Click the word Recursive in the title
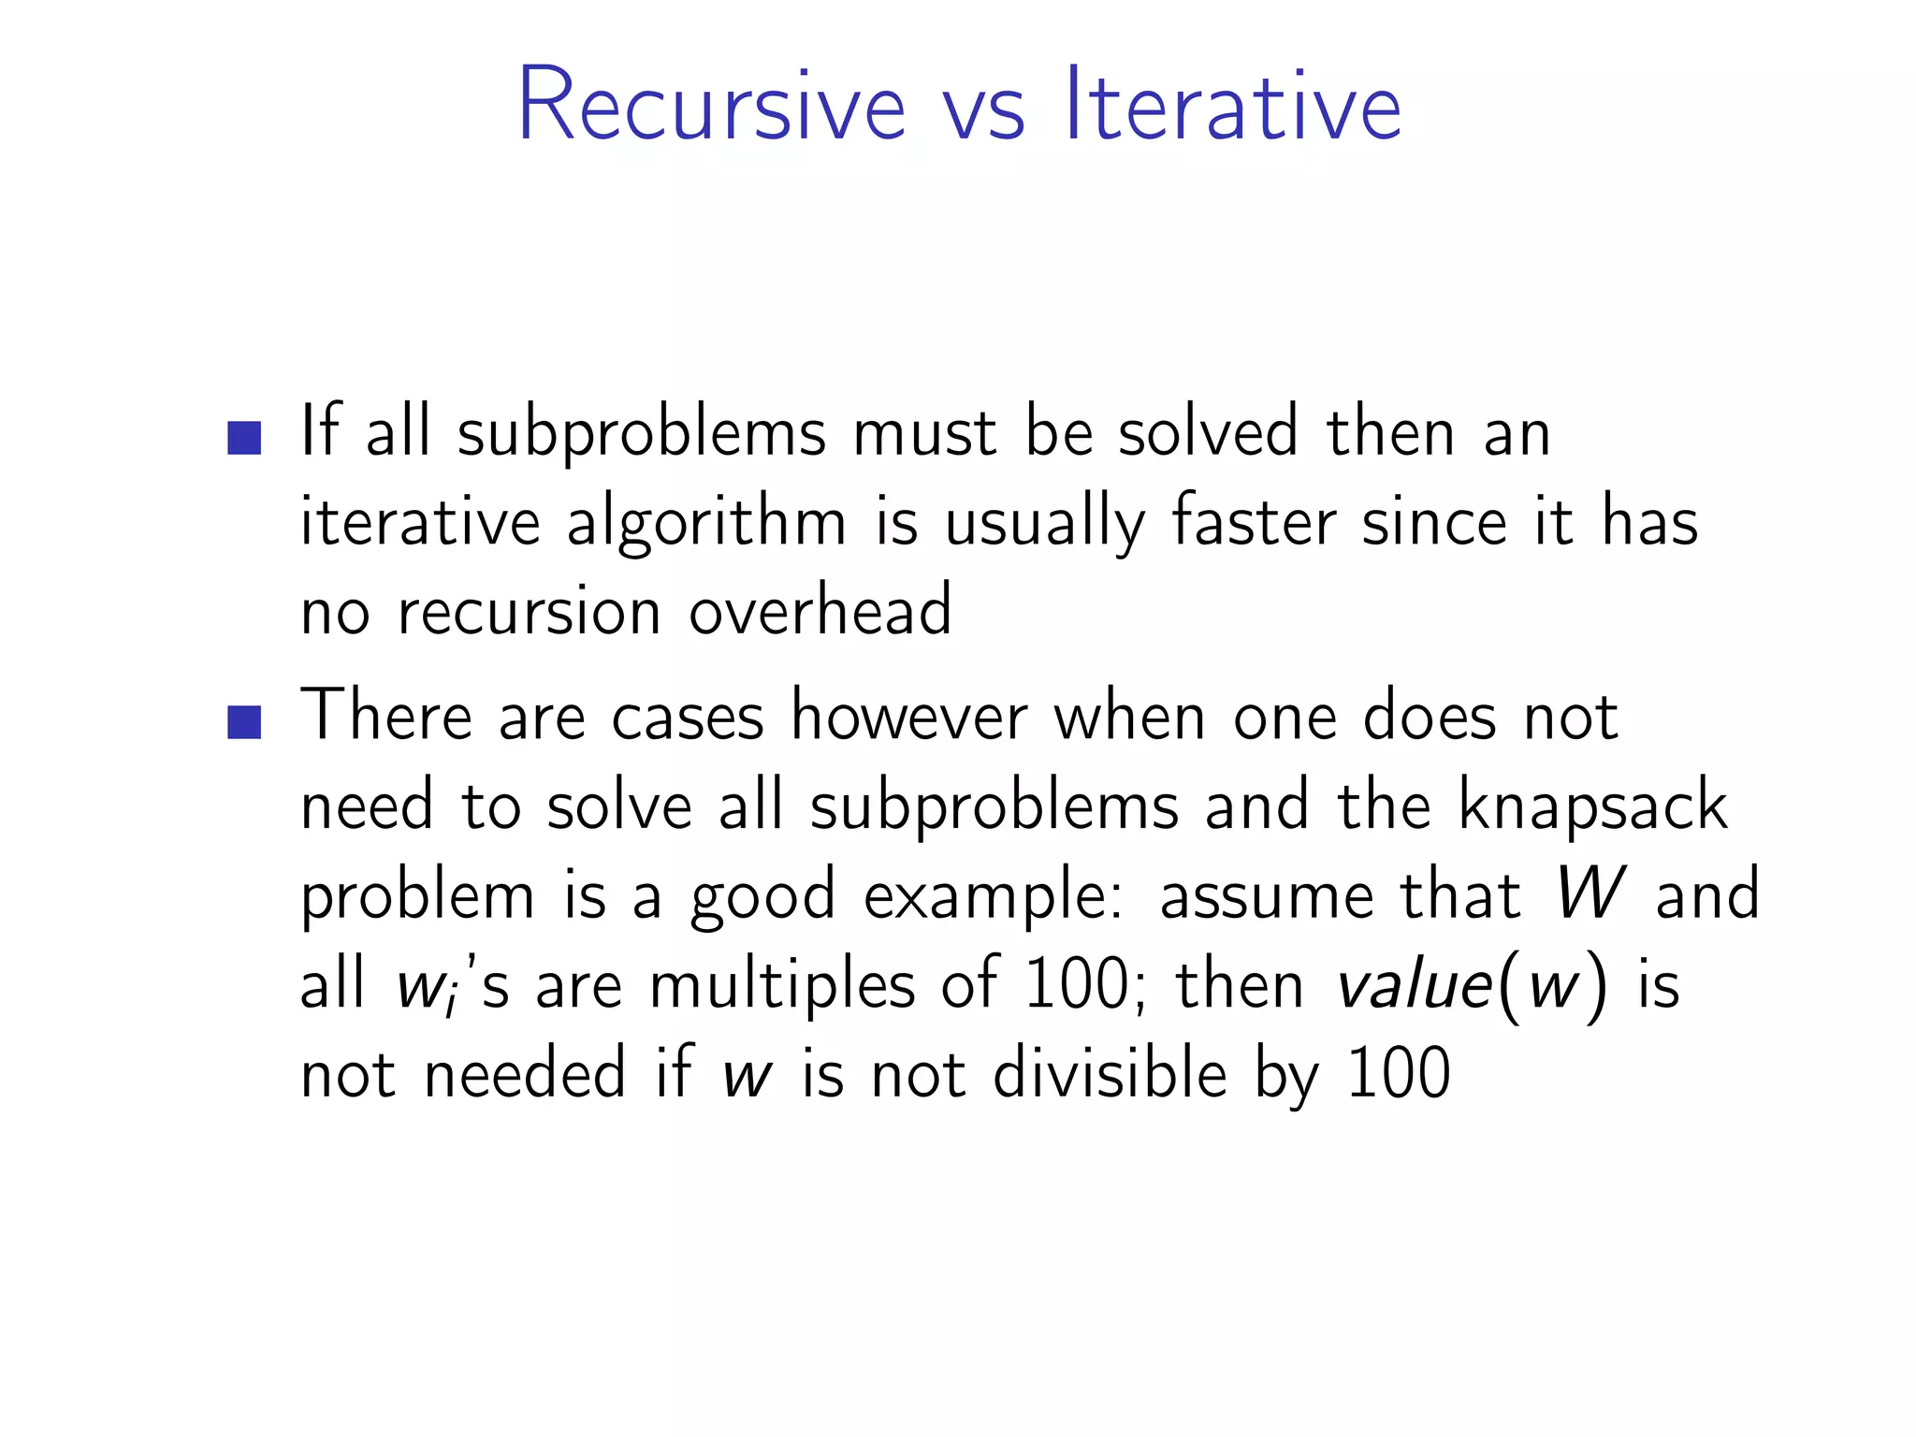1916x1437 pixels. (x=711, y=105)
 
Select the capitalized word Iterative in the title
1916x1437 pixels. (x=1233, y=105)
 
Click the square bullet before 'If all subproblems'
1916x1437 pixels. (x=244, y=438)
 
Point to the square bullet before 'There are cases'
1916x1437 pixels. (x=244, y=722)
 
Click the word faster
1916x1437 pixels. (x=1254, y=520)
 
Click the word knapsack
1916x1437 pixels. (x=1592, y=806)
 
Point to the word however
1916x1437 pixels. (x=909, y=717)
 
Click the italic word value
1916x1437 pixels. (x=1415, y=984)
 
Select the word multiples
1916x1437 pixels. (x=782, y=986)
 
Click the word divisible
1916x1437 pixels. (x=1110, y=1074)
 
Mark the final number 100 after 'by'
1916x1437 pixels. (x=1399, y=1074)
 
